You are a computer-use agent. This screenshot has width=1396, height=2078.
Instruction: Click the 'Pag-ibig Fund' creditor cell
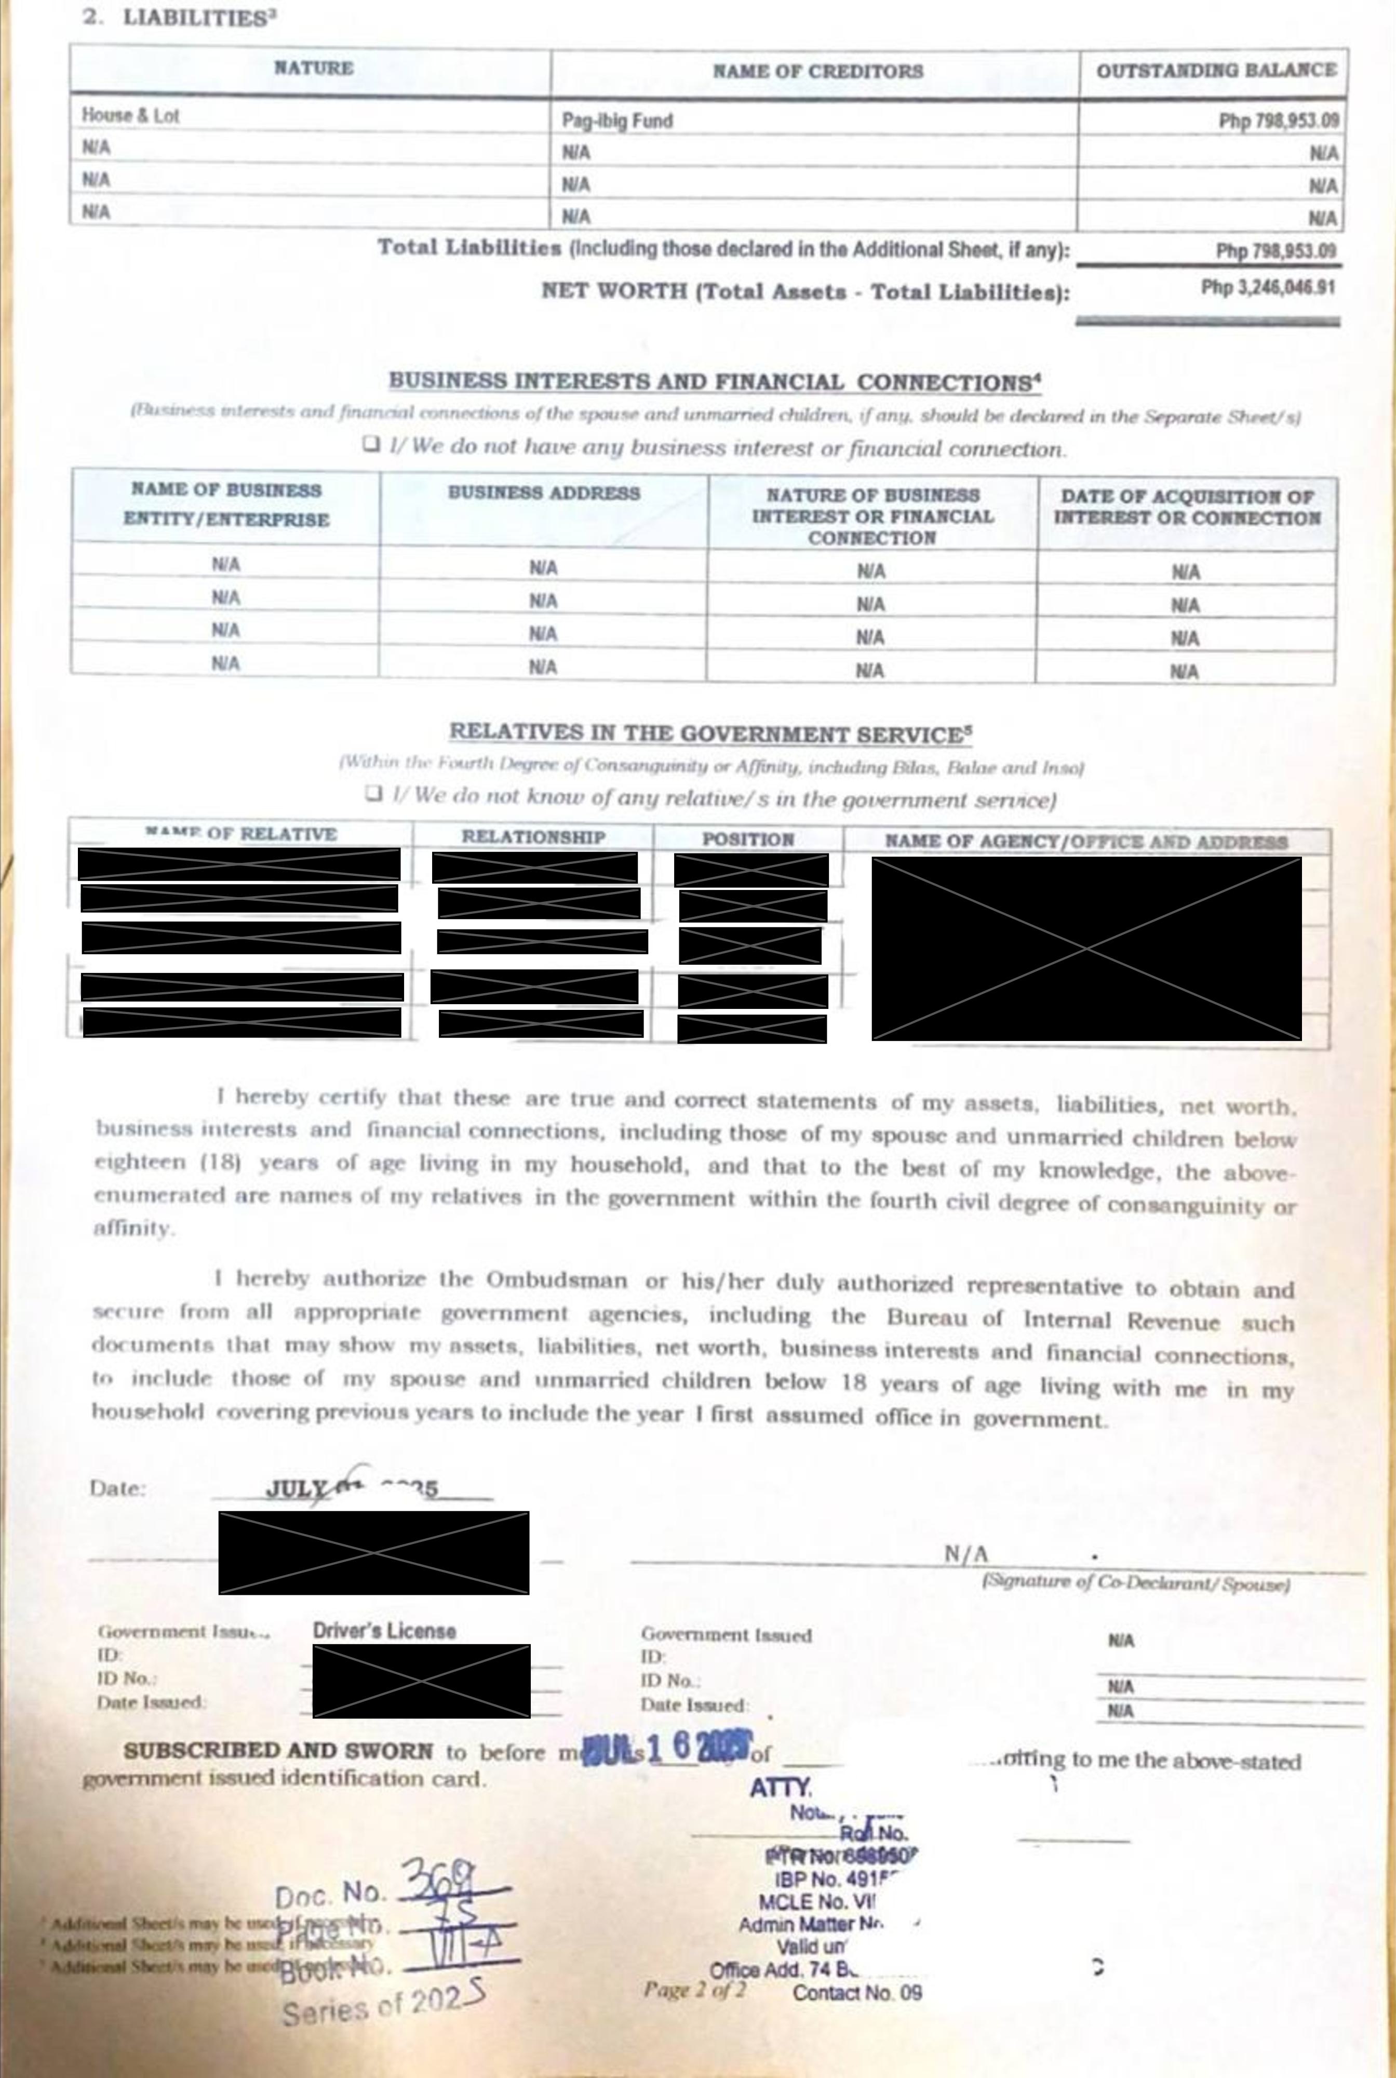617,120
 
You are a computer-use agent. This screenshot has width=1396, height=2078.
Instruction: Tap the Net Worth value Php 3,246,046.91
1268,288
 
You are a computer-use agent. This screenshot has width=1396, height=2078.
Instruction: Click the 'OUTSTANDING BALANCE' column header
1215,70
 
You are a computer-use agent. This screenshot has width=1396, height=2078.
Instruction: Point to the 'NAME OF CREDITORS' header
817,71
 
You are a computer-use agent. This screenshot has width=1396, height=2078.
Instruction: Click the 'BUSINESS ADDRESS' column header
543,492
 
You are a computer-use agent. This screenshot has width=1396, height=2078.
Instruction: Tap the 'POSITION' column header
748,838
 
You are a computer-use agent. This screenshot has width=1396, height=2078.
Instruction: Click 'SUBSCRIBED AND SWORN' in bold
278,1750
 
